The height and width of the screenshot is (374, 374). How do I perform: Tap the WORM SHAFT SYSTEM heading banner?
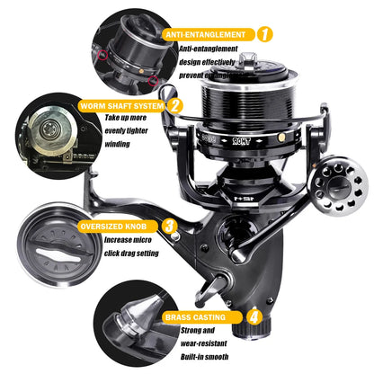click(x=121, y=105)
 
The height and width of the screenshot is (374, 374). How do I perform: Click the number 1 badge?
click(x=265, y=34)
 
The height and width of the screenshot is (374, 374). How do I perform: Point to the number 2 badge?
click(x=176, y=105)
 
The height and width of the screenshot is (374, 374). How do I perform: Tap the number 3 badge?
click(x=169, y=227)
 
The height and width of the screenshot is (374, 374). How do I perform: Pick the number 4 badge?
click(x=254, y=316)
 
